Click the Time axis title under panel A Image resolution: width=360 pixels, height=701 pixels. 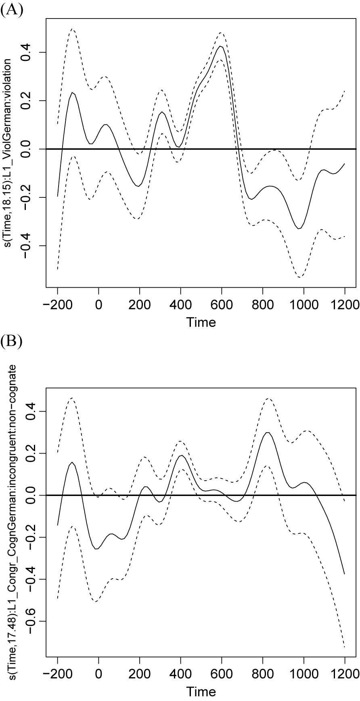tap(201, 322)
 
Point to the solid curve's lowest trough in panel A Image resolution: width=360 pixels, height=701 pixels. tap(299, 229)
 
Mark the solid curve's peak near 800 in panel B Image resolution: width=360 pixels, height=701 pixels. tap(267, 432)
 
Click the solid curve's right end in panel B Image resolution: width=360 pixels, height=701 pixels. tap(345, 573)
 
